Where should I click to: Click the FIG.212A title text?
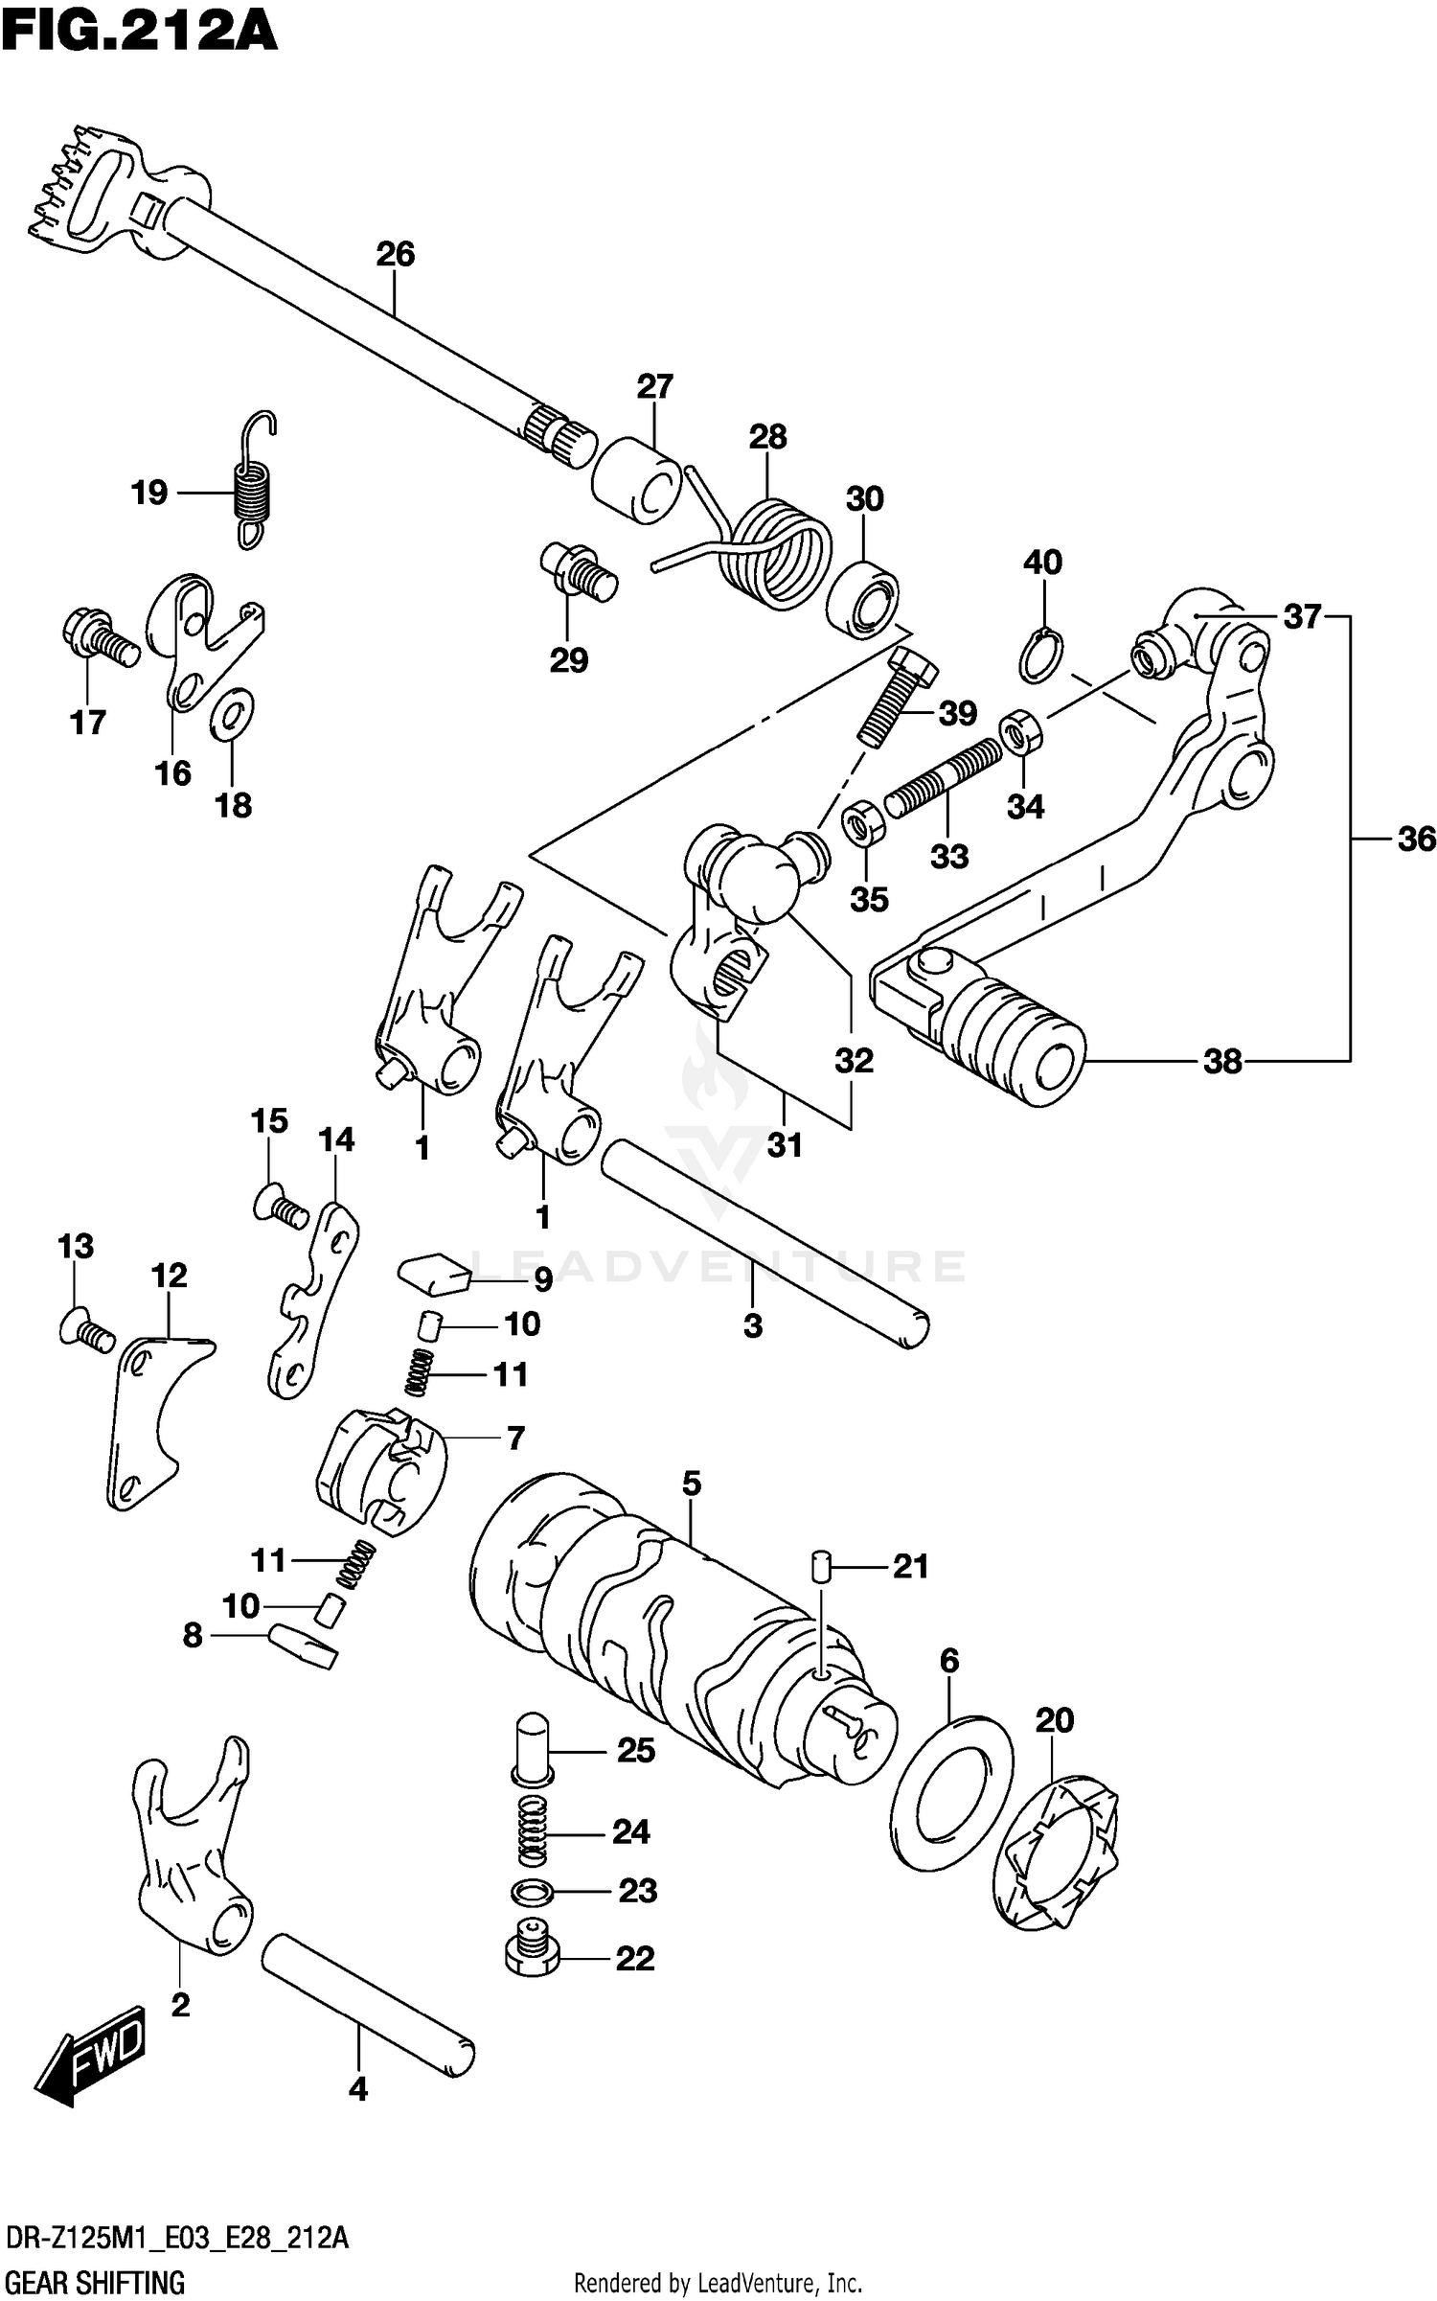tap(140, 31)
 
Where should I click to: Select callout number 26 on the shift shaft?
tap(395, 254)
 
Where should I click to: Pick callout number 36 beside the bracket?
tap(1416, 840)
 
